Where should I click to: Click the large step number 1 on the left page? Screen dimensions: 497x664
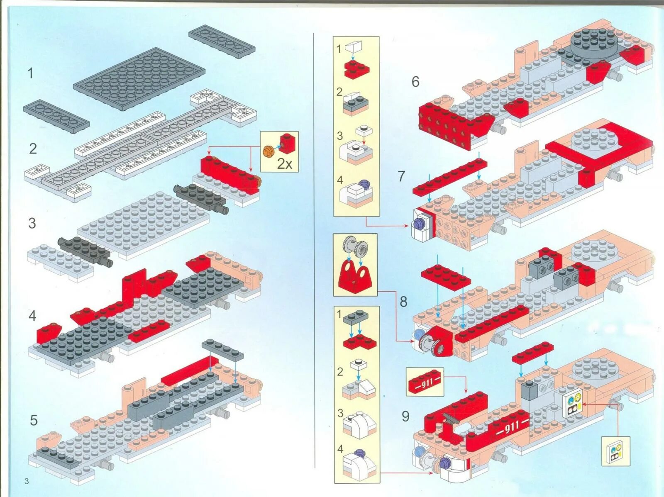pyautogui.click(x=30, y=73)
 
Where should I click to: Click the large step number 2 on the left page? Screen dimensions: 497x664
pyautogui.click(x=32, y=149)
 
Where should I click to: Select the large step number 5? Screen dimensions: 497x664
pyautogui.click(x=34, y=420)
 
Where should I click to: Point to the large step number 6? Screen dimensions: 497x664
pyautogui.click(x=415, y=82)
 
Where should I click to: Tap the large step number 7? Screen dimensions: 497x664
pyautogui.click(x=401, y=176)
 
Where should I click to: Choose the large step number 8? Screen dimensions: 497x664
pyautogui.click(x=403, y=302)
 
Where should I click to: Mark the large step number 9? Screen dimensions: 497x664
pyautogui.click(x=405, y=416)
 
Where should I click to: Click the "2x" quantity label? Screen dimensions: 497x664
pyautogui.click(x=285, y=164)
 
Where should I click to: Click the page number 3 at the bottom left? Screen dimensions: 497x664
pyautogui.click(x=27, y=481)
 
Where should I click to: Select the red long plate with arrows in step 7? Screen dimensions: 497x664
pyautogui.click(x=449, y=178)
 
